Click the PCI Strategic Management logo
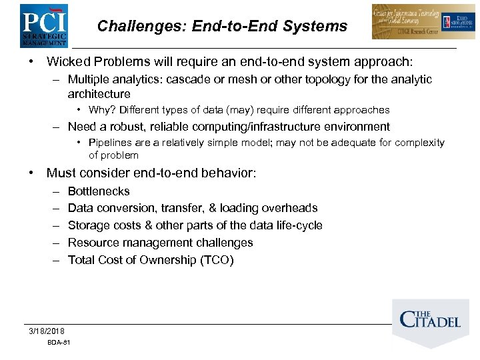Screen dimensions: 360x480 (43, 25)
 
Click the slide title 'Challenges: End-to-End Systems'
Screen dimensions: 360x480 (222, 26)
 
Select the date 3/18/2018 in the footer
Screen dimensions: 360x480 (47, 331)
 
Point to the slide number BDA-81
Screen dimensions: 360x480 (59, 343)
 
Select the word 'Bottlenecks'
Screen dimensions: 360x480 (99, 191)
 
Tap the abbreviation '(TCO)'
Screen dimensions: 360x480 (217, 260)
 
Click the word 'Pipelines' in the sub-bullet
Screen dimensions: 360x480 (108, 143)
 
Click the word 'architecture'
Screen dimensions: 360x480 (99, 94)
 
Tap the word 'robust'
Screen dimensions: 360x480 (139, 127)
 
